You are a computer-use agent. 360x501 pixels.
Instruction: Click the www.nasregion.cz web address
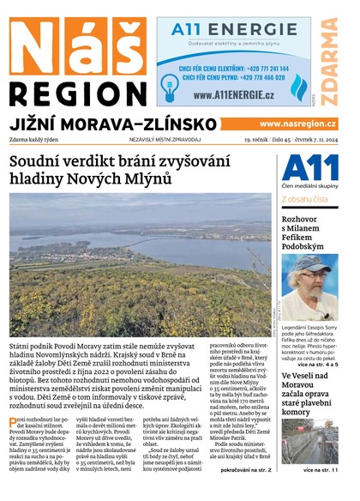pos(297,124)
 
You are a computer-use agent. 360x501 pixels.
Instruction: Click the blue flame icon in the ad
pos(299,87)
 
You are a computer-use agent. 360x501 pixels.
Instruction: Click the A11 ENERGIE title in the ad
pos(233,30)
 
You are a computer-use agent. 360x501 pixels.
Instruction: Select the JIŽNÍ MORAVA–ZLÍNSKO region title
pos(113,124)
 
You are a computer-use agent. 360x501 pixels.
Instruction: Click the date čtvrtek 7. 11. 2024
pos(314,140)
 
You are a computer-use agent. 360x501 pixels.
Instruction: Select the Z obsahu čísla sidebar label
pos(304,200)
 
